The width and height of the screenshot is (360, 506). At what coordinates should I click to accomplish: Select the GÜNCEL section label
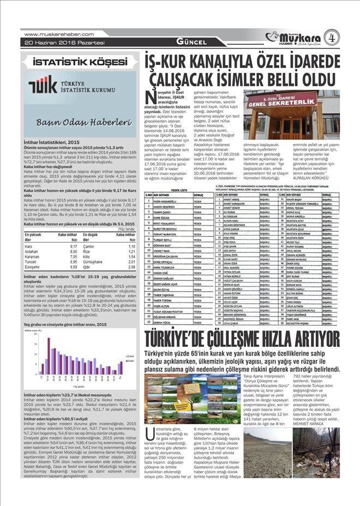(x=190, y=42)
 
